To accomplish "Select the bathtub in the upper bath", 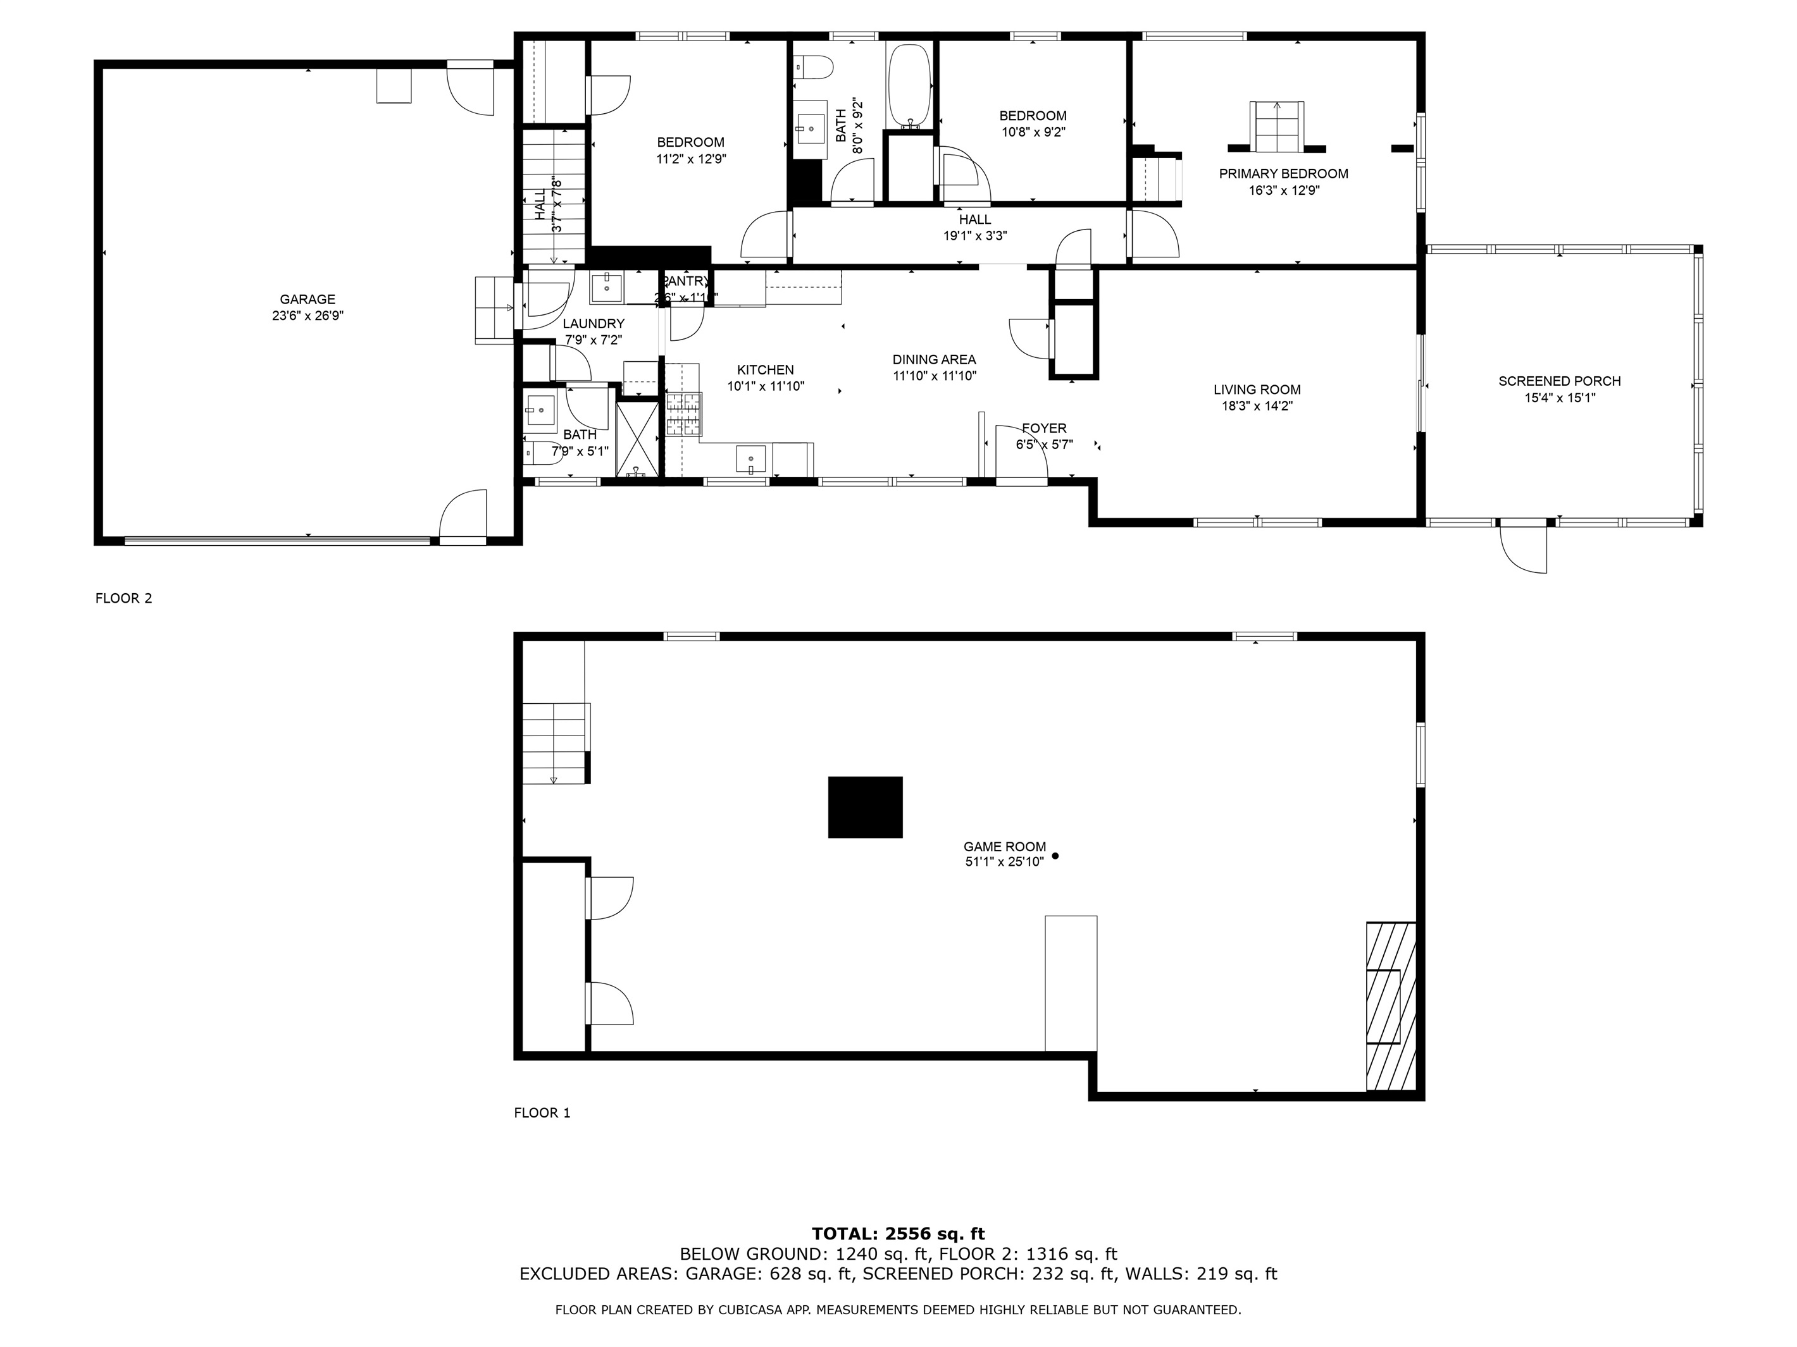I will click(910, 85).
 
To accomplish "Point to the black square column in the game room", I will click(865, 807).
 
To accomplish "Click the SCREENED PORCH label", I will click(1559, 381).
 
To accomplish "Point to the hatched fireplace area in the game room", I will click(1391, 1006).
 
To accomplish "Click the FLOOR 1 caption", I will click(542, 1113).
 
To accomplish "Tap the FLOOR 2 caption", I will click(123, 598).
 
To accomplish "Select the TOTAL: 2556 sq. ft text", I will click(898, 1234).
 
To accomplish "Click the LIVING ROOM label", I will click(1257, 390).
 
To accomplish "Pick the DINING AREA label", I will click(934, 360).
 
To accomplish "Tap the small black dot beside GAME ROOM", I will click(1055, 856).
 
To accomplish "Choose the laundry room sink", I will click(606, 286).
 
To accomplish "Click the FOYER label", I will click(1044, 428).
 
